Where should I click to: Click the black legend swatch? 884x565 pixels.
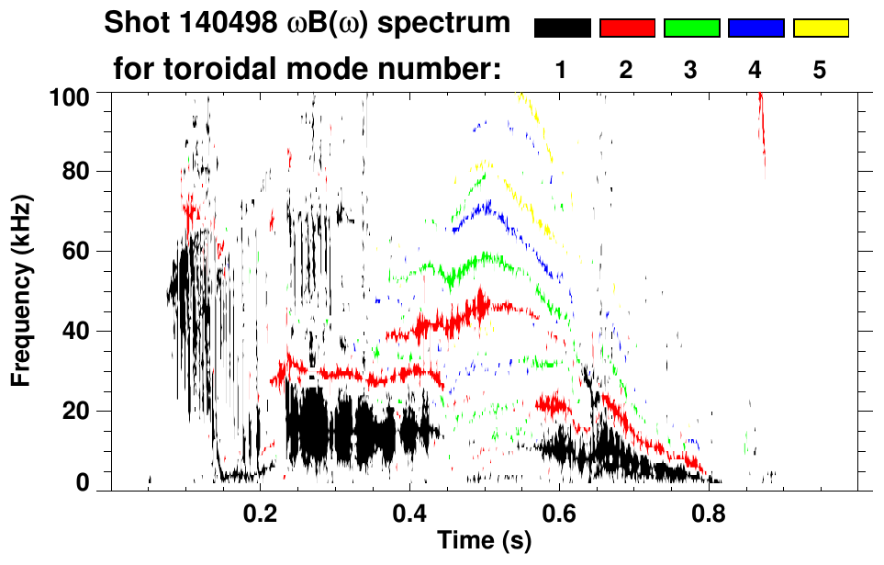pyautogui.click(x=562, y=28)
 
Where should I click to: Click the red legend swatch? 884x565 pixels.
pyautogui.click(x=627, y=28)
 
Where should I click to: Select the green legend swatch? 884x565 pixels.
pyautogui.click(x=691, y=28)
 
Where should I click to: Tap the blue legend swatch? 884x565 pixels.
pyautogui.click(x=755, y=28)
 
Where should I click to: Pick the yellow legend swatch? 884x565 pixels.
pyautogui.click(x=820, y=28)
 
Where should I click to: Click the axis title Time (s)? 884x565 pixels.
pyautogui.click(x=484, y=542)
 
